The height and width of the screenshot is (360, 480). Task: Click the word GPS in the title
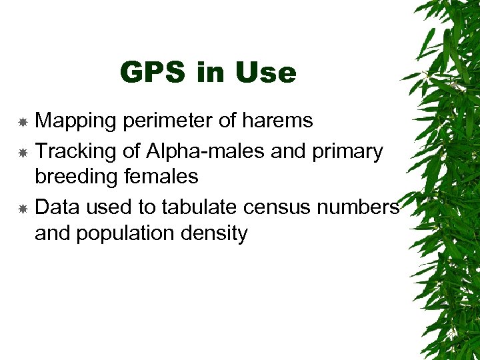[152, 72]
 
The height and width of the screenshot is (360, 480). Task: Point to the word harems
[278, 121]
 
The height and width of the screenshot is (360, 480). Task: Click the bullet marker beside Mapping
[22, 122]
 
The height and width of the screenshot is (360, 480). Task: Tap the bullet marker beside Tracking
[22, 153]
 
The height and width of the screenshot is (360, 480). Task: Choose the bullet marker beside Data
[22, 209]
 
